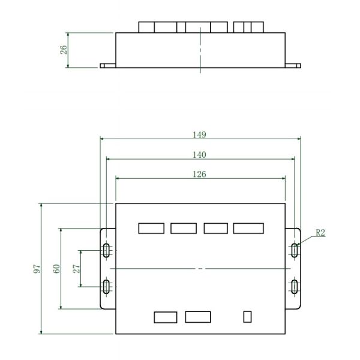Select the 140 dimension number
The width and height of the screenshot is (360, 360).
(x=200, y=155)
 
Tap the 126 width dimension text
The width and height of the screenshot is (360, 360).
(x=200, y=175)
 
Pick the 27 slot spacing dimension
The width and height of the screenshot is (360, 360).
(x=76, y=269)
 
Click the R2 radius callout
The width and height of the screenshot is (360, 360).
(x=320, y=233)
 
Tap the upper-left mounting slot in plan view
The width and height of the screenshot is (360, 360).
(x=106, y=250)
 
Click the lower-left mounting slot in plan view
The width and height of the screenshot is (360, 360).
(x=106, y=287)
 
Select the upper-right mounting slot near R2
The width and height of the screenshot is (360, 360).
(x=294, y=250)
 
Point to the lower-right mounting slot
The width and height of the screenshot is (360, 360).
(x=294, y=287)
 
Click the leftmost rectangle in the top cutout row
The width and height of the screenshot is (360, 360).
(x=151, y=228)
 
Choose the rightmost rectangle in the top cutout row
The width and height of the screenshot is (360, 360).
(x=248, y=228)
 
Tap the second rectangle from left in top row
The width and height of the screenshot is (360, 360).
(x=184, y=228)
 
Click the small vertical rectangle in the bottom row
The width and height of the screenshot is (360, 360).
(x=247, y=316)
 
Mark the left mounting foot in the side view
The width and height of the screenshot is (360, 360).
(x=107, y=66)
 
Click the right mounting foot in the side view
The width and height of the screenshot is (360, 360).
(x=293, y=66)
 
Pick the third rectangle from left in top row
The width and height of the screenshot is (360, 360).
(x=215, y=228)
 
